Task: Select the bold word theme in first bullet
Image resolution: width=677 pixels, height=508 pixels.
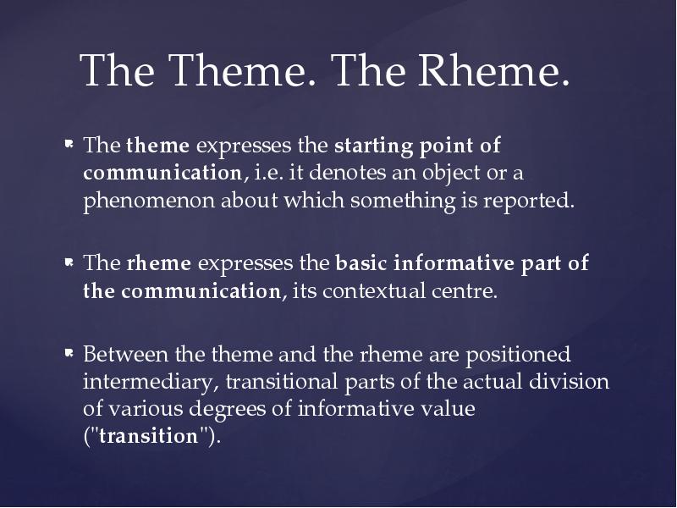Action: (157, 146)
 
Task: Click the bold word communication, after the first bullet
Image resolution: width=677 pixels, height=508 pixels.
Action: (162, 174)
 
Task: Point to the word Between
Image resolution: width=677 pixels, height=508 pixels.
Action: (118, 353)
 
